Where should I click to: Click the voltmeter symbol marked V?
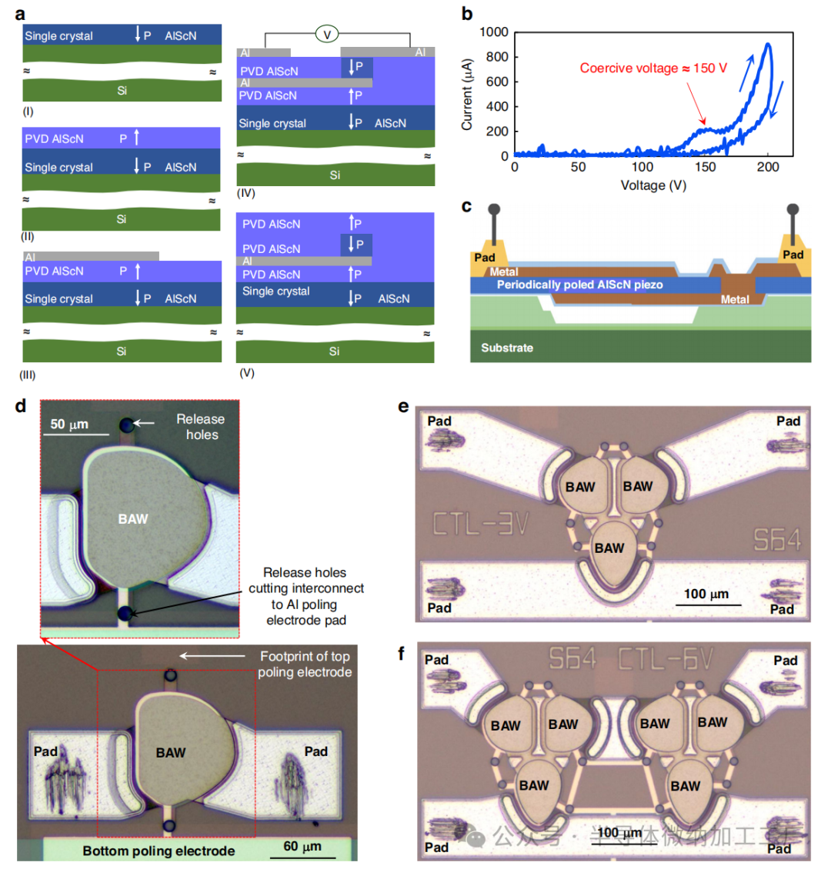coord(326,35)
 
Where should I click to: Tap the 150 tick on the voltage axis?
coord(705,168)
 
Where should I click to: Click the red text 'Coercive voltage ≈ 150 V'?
coord(653,68)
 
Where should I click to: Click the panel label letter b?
coord(466,13)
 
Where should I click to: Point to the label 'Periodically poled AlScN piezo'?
coord(579,285)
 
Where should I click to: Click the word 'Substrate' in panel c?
coord(507,348)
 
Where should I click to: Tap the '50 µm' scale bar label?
coord(69,425)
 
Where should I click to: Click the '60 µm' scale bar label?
coord(302,847)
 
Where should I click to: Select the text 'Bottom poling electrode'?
coord(159,851)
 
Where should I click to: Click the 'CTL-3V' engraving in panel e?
coord(480,524)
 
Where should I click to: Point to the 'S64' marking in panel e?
coord(776,541)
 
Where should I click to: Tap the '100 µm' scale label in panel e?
coord(706,594)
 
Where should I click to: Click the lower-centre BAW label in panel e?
coord(609,548)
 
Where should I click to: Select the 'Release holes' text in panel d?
coord(201,427)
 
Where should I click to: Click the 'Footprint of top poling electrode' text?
coord(305,664)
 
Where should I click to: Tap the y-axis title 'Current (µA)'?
coord(467,95)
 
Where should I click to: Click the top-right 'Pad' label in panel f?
coord(785,661)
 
